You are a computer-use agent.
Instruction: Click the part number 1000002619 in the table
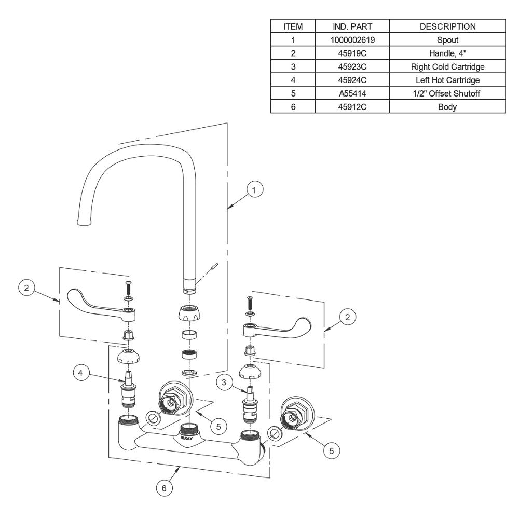[x=352, y=40]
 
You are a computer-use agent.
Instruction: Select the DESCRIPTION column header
[x=447, y=26]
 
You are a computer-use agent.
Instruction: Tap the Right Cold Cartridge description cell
[x=447, y=66]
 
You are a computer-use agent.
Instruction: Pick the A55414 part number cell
[x=352, y=93]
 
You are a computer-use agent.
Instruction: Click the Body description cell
[x=447, y=107]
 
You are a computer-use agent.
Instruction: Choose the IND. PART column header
[x=352, y=26]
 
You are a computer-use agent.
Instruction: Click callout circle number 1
[x=254, y=189]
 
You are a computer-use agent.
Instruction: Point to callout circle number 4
[x=81, y=373]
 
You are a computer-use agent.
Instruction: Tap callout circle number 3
[x=224, y=383]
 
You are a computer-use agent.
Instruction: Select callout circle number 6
[x=164, y=488]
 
